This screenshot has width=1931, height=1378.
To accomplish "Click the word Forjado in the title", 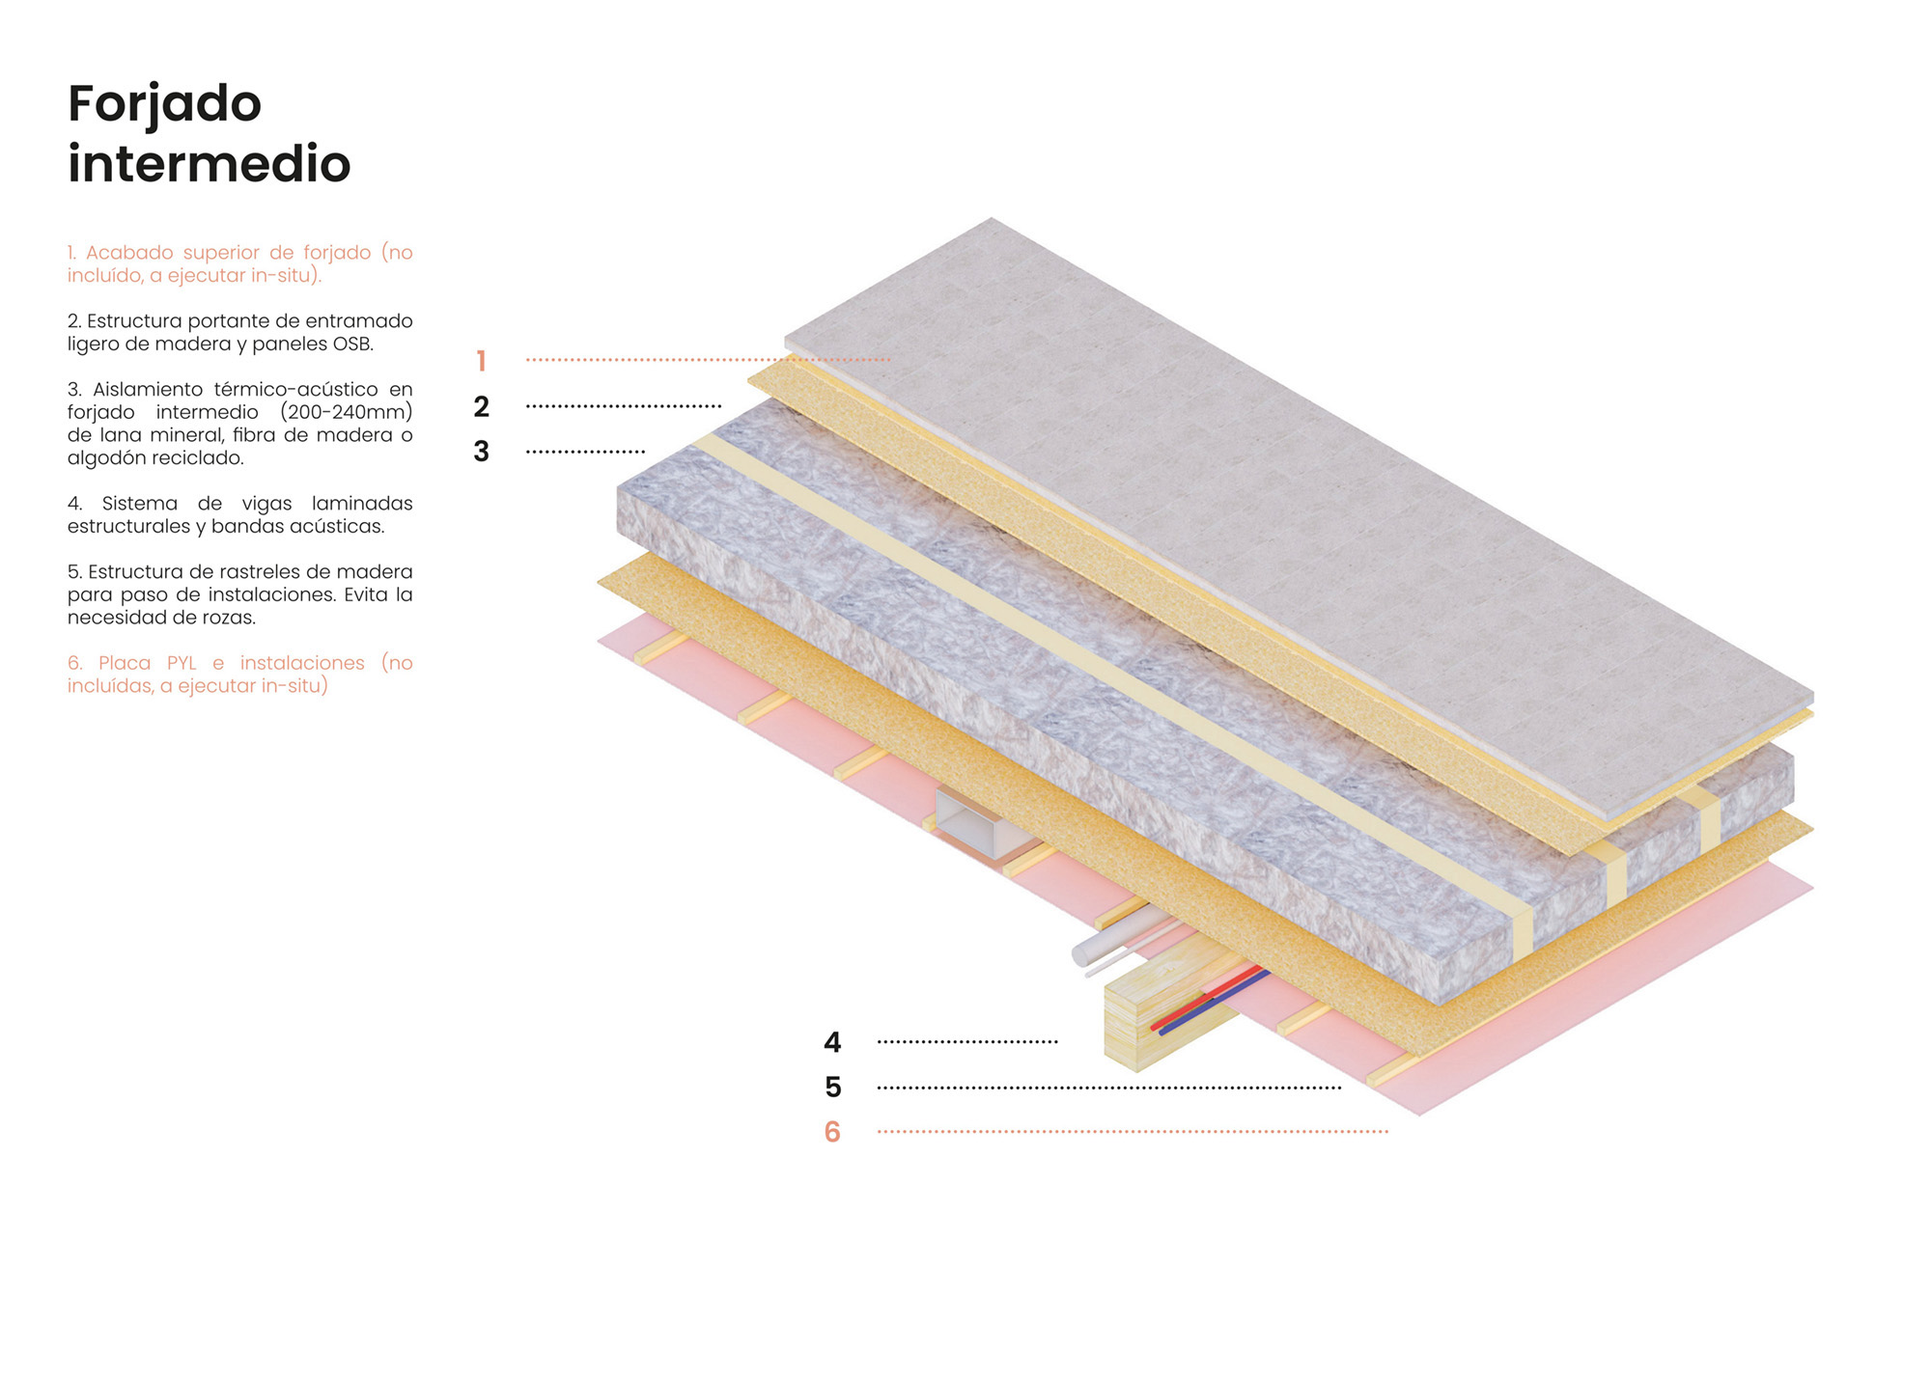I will [164, 104].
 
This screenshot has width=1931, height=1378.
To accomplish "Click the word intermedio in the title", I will [209, 164].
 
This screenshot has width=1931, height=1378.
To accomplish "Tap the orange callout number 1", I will [481, 361].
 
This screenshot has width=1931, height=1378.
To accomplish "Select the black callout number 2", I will [481, 406].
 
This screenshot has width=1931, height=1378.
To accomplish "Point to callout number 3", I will [481, 452].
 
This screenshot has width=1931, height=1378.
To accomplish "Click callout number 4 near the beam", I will [831, 1042].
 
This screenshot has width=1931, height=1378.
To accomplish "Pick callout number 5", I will [832, 1088].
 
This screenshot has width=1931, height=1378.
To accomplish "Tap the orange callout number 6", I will [832, 1132].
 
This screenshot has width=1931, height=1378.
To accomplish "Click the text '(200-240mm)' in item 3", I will [347, 412].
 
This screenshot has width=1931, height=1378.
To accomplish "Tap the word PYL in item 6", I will [181, 663].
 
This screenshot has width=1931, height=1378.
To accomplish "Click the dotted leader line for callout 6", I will [1130, 1132].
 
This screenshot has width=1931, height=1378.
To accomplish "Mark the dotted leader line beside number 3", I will [585, 452].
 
